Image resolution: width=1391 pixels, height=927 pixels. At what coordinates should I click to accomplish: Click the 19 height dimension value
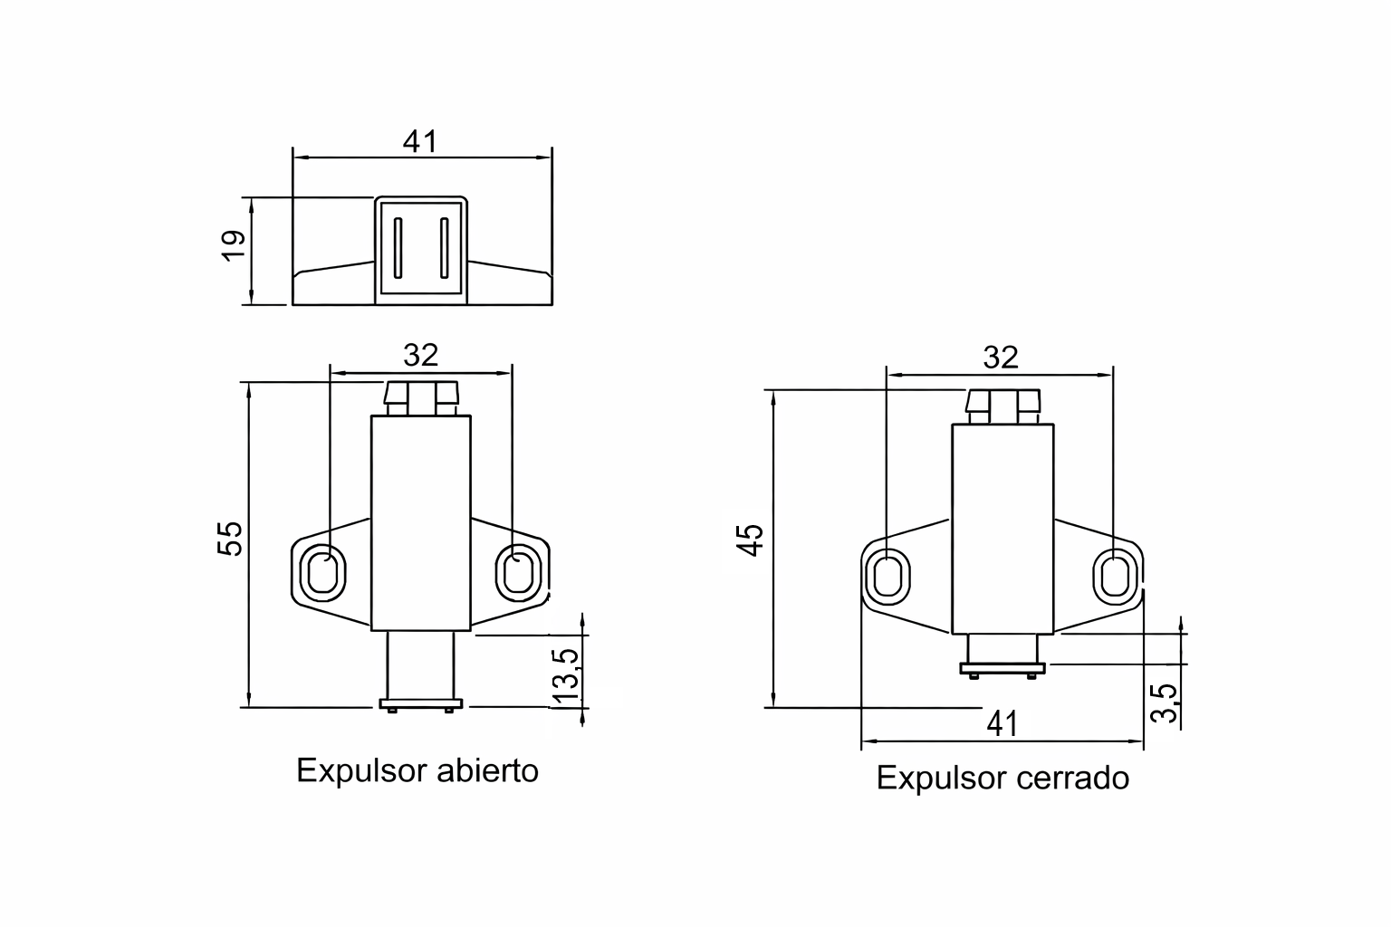coord(234,245)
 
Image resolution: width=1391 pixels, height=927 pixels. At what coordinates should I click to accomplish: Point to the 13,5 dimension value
coord(566,675)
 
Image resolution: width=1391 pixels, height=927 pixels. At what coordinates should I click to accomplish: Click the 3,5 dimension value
coord(1166,702)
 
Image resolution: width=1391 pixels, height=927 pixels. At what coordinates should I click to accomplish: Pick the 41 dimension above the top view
coord(420,142)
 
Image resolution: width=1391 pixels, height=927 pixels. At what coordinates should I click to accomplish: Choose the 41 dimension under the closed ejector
coord(1002,723)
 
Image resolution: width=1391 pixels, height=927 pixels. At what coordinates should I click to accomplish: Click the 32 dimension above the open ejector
coord(421,355)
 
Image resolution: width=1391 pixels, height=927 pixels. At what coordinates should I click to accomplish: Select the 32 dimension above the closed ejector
coord(1001,358)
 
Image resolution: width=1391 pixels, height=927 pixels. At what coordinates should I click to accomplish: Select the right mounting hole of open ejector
coord(517,571)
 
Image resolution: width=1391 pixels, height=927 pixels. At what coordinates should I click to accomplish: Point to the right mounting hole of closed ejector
coord(1115,576)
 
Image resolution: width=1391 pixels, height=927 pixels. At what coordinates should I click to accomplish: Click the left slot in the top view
coord(398,248)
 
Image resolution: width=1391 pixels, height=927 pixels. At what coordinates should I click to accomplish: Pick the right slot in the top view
coord(444,248)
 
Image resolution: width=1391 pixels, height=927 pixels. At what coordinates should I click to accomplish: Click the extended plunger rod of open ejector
coord(419,664)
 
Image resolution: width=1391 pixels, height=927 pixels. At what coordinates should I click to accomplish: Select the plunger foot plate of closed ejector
coord(1002,669)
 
